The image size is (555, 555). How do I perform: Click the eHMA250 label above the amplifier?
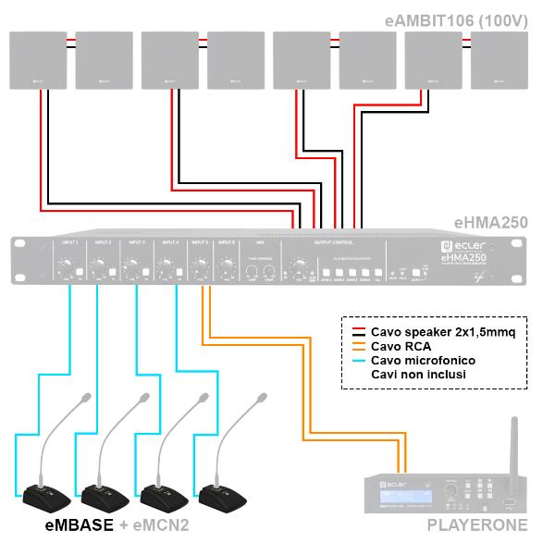(490, 222)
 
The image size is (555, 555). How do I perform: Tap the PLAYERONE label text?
(475, 526)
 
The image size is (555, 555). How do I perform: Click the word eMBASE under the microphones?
(80, 526)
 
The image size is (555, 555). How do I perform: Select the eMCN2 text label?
(163, 526)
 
